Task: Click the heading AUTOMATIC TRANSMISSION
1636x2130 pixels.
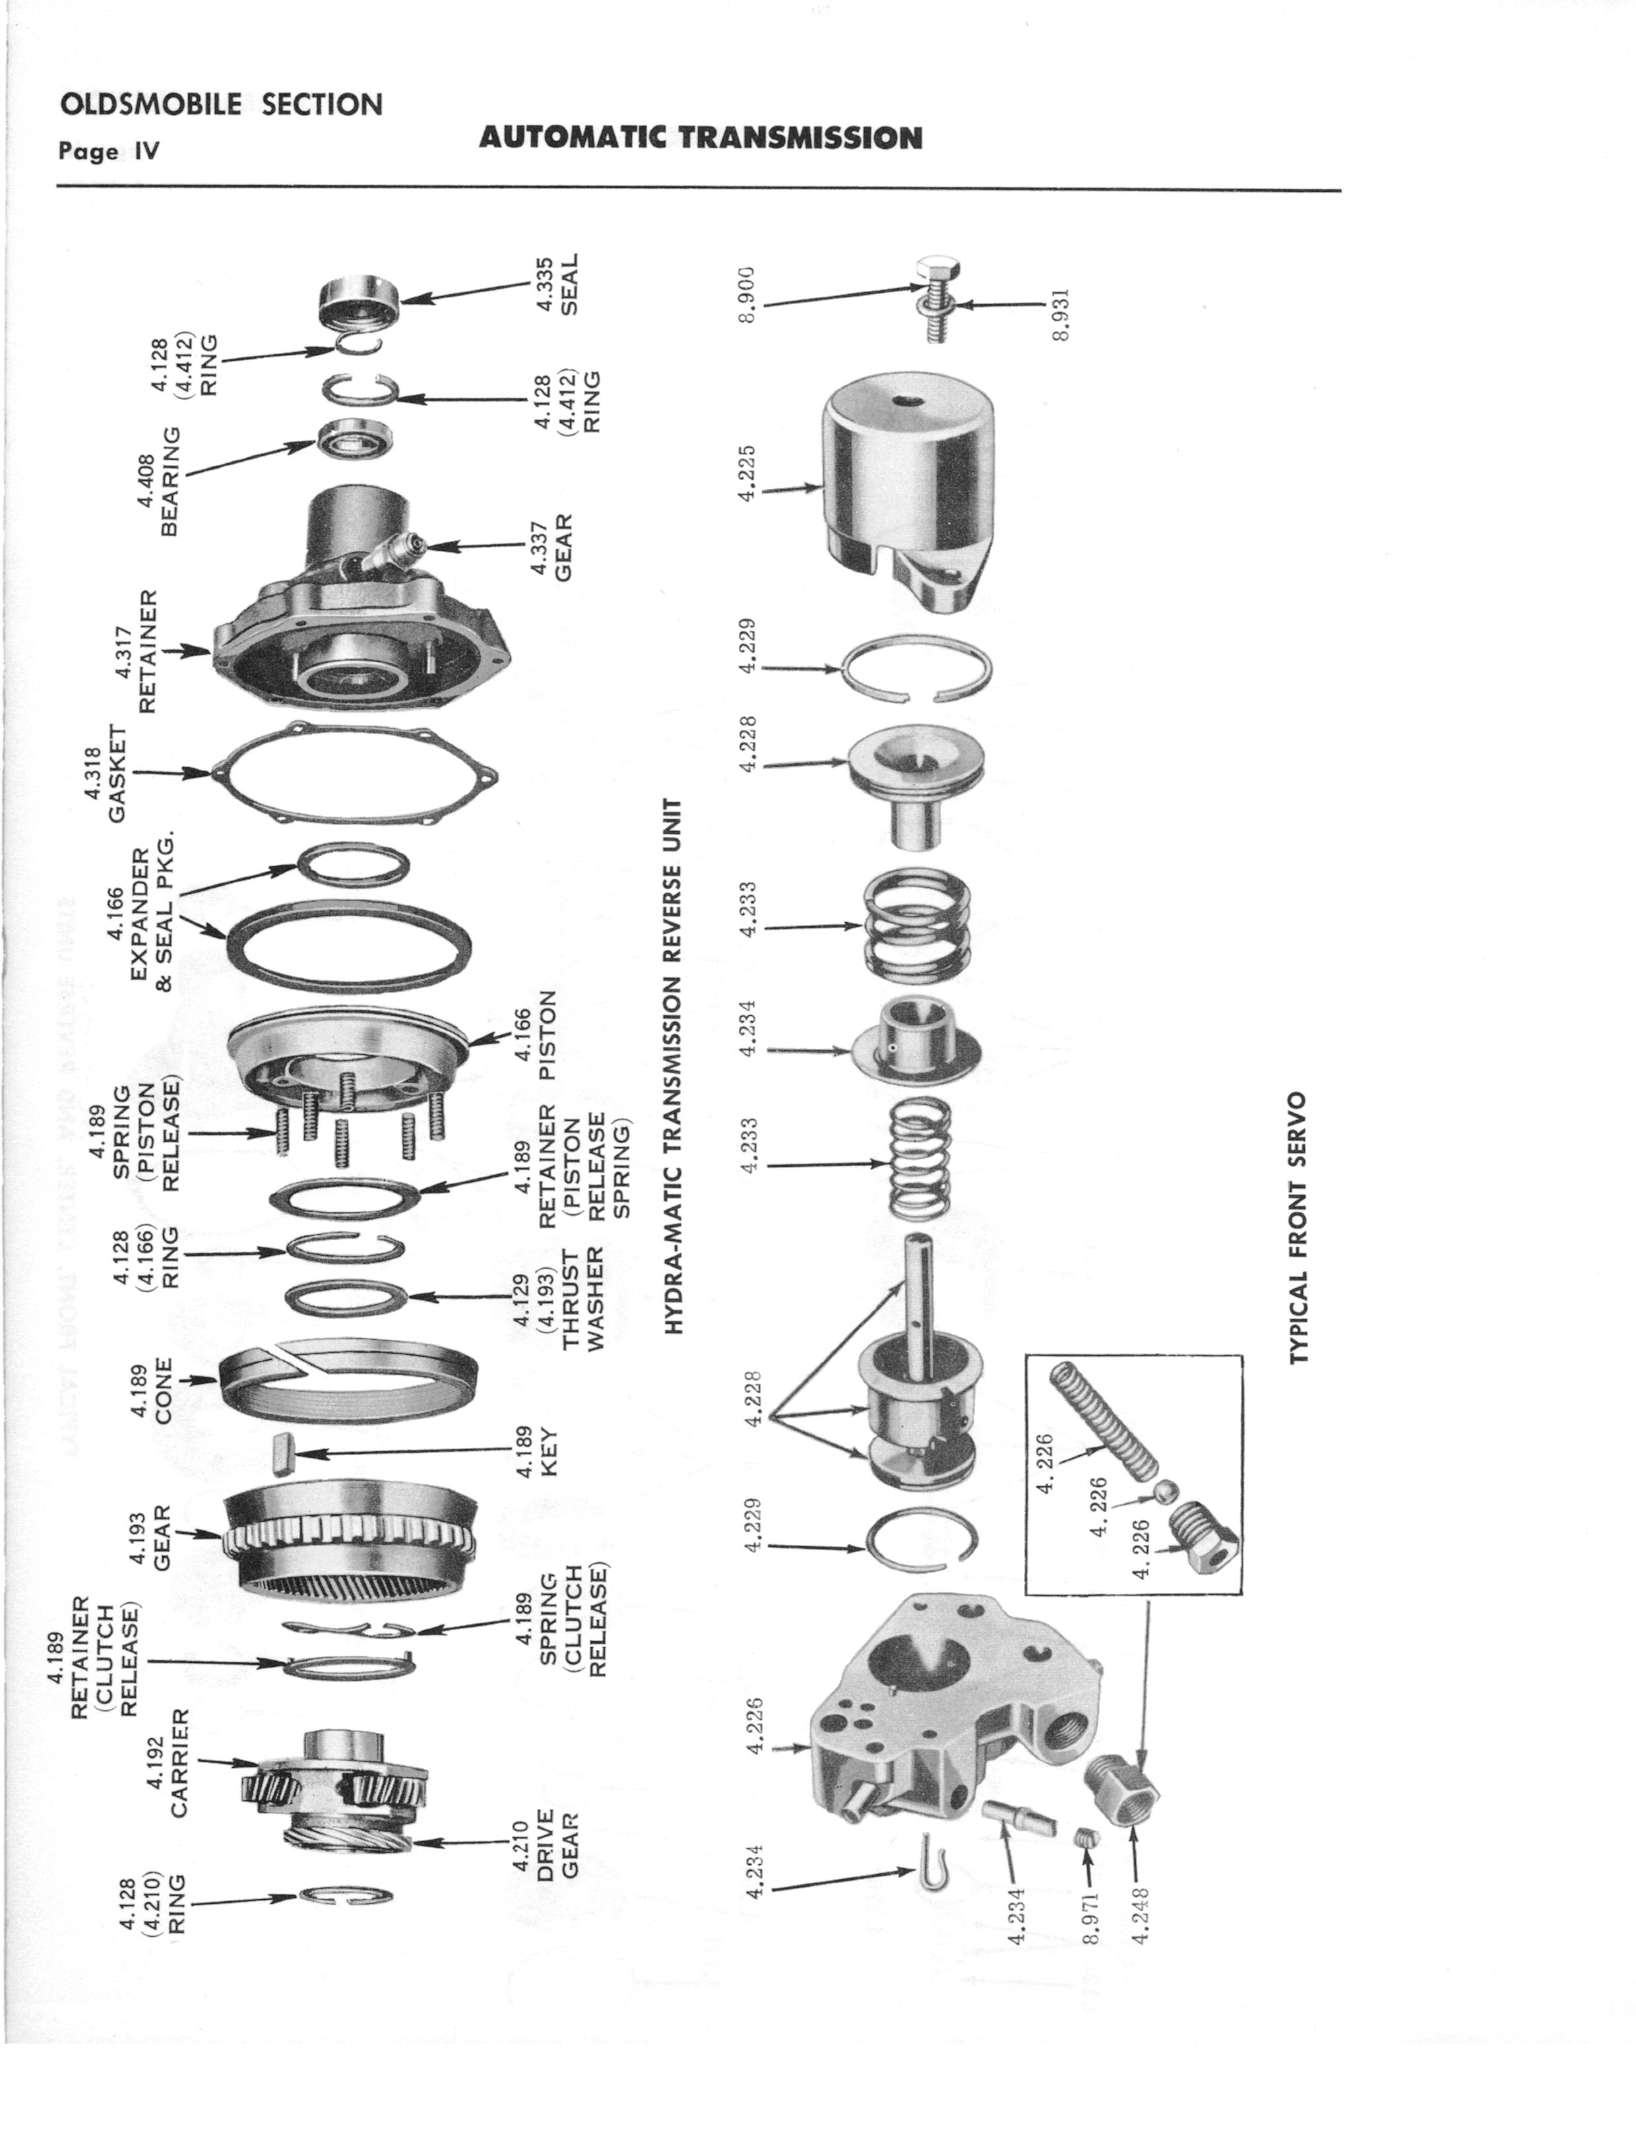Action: (700, 139)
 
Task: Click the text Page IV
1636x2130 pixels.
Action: (108, 152)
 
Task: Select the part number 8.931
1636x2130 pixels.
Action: (1061, 313)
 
